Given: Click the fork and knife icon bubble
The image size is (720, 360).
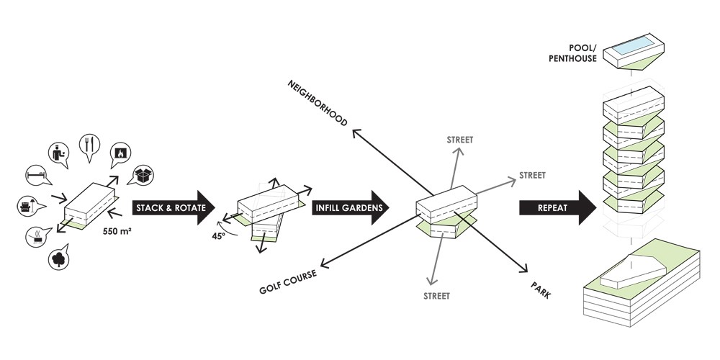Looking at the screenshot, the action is (89, 146).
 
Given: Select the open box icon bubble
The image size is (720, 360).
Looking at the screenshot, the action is (143, 176).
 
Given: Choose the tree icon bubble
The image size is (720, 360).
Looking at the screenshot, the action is (59, 258).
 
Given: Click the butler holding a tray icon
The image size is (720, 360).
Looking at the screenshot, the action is (59, 154).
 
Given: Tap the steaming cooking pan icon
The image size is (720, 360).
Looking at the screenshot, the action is (37, 236).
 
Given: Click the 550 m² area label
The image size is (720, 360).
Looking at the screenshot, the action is (117, 232).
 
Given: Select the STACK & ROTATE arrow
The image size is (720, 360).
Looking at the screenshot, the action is (174, 207).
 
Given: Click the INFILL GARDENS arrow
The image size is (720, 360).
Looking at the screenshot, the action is (351, 207).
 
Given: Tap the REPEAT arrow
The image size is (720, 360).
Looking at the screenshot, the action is (558, 207).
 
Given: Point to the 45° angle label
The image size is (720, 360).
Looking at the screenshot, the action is (219, 236).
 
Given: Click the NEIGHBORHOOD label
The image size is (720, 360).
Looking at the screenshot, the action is (318, 103).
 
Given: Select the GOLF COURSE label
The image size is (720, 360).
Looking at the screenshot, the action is (288, 282).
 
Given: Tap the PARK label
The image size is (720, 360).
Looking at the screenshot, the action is (541, 290).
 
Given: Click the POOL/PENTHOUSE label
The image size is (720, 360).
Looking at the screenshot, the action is (572, 53).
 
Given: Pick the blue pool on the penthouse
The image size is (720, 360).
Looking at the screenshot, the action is (634, 45).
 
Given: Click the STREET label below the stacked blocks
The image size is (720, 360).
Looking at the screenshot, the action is (437, 296).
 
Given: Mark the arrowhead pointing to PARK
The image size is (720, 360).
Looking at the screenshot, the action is (523, 269).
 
